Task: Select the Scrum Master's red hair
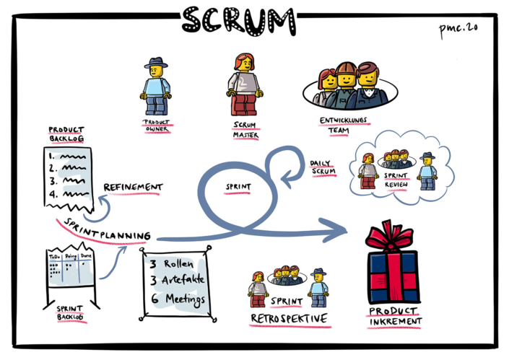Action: coord(242,61)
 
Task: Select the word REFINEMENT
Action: coord(134,188)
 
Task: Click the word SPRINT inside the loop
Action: coord(238,186)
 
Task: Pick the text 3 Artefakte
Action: coord(177,281)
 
